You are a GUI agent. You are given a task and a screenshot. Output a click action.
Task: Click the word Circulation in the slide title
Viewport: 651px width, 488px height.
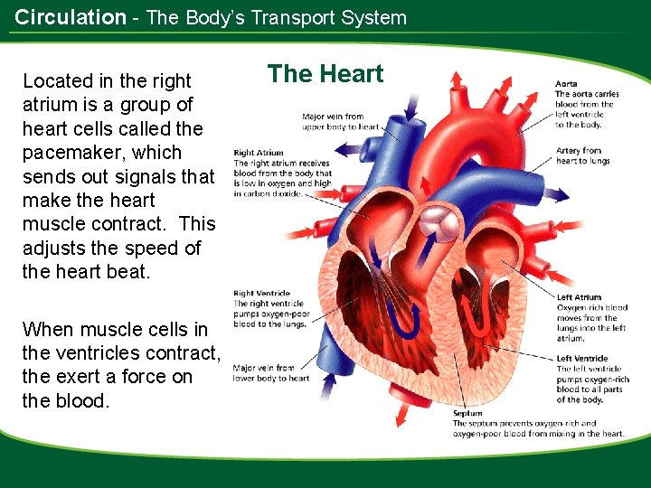(71, 17)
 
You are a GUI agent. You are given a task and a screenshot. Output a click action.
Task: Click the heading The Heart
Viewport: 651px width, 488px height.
(325, 74)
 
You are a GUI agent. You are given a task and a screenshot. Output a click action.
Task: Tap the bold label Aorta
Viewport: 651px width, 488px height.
(566, 84)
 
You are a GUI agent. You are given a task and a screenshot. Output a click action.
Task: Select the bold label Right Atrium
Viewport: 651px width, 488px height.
(259, 153)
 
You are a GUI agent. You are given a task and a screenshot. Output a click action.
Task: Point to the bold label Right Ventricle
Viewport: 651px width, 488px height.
(262, 294)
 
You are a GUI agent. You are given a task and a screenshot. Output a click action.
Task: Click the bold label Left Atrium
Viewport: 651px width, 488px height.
(579, 297)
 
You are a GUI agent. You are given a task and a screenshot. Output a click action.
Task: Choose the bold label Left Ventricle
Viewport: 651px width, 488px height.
(582, 359)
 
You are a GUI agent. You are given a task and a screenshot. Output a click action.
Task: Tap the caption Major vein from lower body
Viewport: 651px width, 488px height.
(270, 372)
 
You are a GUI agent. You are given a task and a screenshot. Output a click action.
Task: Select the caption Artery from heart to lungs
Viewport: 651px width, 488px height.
(582, 155)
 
